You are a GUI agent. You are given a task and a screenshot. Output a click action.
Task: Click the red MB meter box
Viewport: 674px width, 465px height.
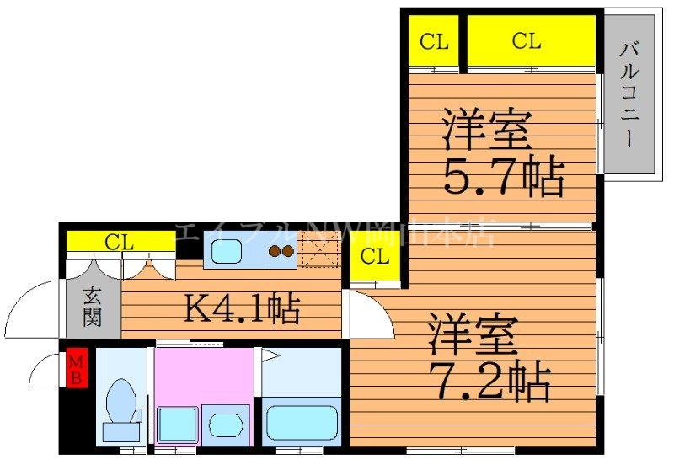pyautogui.click(x=77, y=369)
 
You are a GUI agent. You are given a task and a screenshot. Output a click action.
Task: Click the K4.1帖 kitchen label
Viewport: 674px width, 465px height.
pyautogui.click(x=242, y=309)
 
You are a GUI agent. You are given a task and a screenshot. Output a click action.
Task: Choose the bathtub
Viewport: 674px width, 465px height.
pyautogui.click(x=301, y=421)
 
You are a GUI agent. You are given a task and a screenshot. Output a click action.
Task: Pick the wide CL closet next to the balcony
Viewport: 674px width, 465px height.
pyautogui.click(x=527, y=40)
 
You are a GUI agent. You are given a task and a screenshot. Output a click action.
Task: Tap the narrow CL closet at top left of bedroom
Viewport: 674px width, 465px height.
pyautogui.click(x=434, y=40)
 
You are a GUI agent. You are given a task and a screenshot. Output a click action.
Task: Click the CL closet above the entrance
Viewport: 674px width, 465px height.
pyautogui.click(x=120, y=243)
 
